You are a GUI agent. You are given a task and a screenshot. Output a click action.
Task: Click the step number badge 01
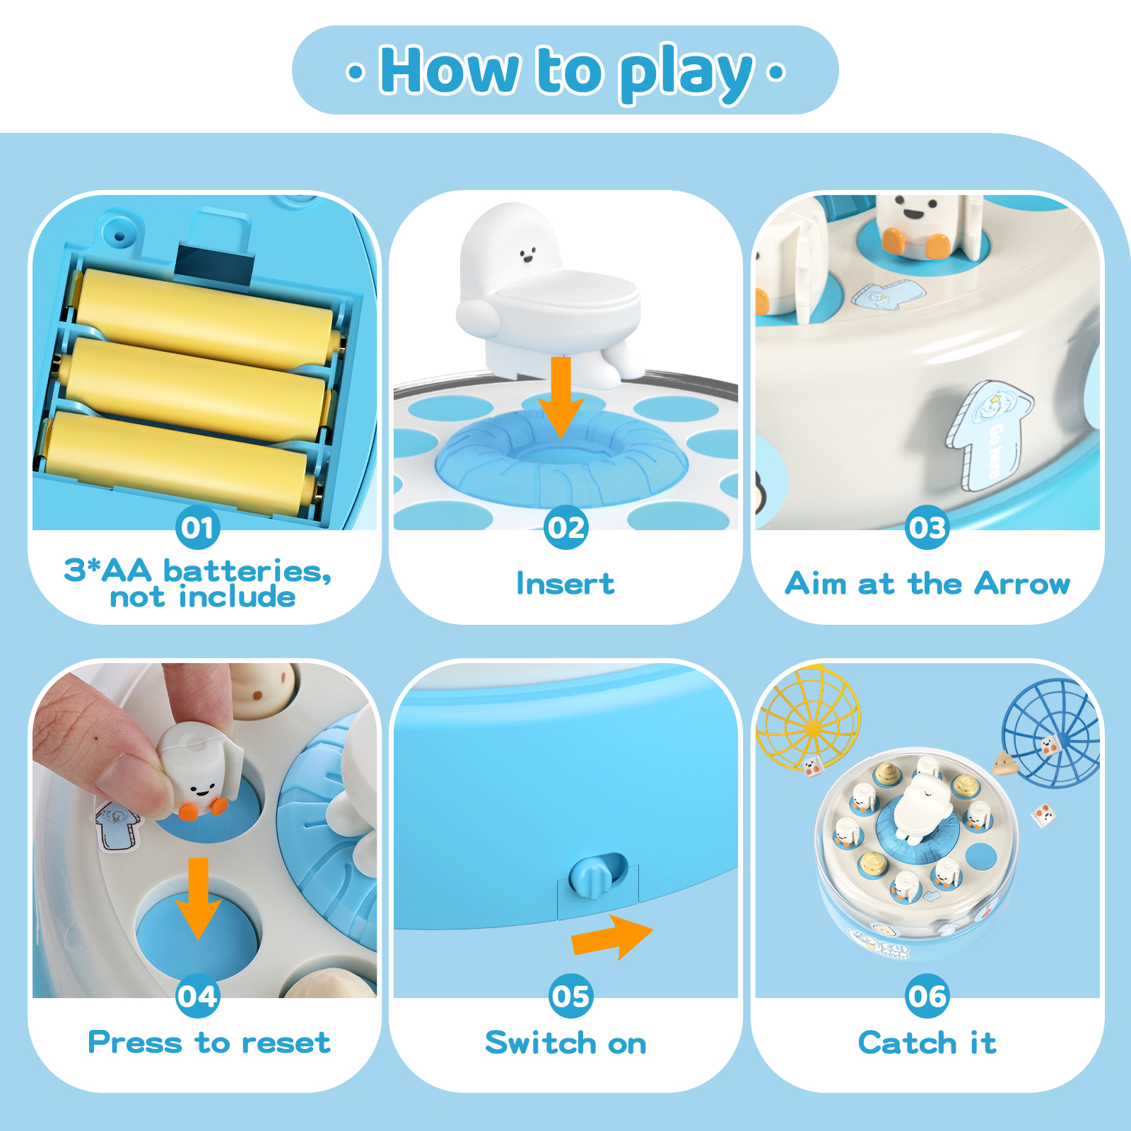pyautogui.click(x=197, y=527)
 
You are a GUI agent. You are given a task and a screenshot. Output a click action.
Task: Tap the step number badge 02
pyautogui.click(x=566, y=527)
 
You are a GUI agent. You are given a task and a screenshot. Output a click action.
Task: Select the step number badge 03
pyautogui.click(x=927, y=527)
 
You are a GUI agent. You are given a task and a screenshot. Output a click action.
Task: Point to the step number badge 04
pyautogui.click(x=197, y=996)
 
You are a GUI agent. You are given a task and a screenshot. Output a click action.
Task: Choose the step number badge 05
pyautogui.click(x=571, y=996)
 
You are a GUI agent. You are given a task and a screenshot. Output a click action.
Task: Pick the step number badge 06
pyautogui.click(x=927, y=996)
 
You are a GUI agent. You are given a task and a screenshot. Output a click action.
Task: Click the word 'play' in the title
pyautogui.click(x=686, y=74)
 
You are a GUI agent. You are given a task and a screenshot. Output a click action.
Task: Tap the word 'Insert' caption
pyautogui.click(x=565, y=584)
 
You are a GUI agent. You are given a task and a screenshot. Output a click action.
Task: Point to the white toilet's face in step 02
pyautogui.click(x=527, y=254)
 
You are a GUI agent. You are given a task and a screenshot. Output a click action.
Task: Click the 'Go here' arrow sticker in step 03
pyautogui.click(x=990, y=435)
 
